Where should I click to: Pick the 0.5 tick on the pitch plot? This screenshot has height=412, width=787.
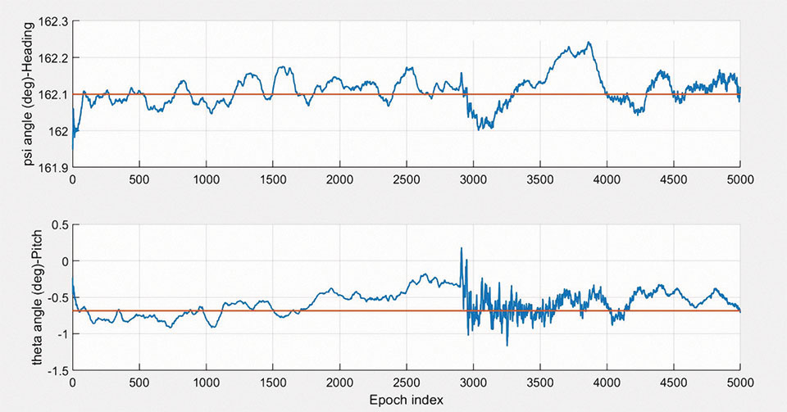(x=58, y=224)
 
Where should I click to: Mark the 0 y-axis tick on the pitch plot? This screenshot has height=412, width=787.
(x=63, y=261)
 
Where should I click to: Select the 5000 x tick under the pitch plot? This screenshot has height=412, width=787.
(x=739, y=383)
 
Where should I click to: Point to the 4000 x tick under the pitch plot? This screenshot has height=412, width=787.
(x=607, y=383)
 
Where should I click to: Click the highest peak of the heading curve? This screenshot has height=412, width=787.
(x=589, y=43)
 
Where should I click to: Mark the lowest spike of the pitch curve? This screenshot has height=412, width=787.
(x=507, y=346)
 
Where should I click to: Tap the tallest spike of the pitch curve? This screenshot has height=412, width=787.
(x=461, y=247)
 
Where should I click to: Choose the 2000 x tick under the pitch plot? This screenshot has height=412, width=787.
(x=339, y=383)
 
